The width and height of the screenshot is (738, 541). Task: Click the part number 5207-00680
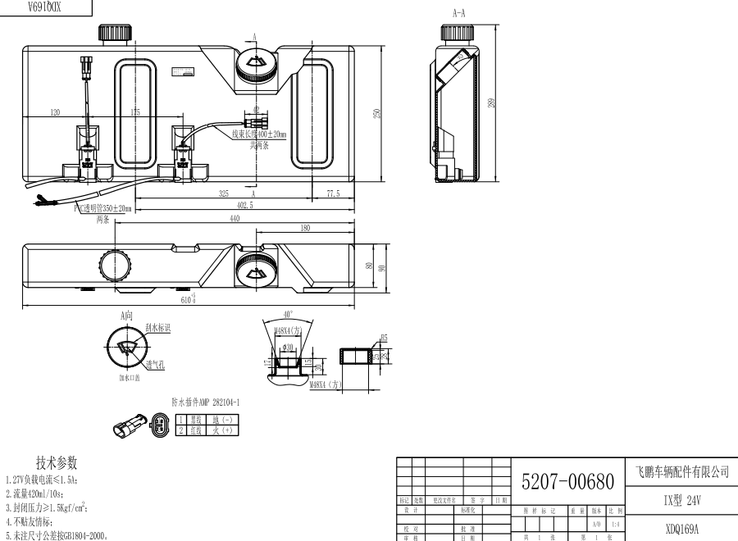tap(567, 482)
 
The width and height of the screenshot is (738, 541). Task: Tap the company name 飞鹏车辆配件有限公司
tap(681, 472)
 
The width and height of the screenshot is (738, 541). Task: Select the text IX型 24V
tap(681, 499)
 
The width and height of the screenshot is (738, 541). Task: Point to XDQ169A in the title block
tap(681, 529)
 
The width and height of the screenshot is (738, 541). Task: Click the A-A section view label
tap(459, 13)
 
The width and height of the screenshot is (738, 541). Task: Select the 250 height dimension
tap(378, 114)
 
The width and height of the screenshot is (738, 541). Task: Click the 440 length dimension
tap(235, 219)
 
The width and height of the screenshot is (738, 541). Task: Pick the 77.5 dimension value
tap(333, 194)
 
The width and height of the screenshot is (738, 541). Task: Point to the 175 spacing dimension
tap(135, 112)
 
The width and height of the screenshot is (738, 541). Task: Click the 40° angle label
tap(285, 315)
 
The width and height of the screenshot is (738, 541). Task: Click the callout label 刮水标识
tap(157, 329)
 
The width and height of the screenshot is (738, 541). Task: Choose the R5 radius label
tap(384, 337)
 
